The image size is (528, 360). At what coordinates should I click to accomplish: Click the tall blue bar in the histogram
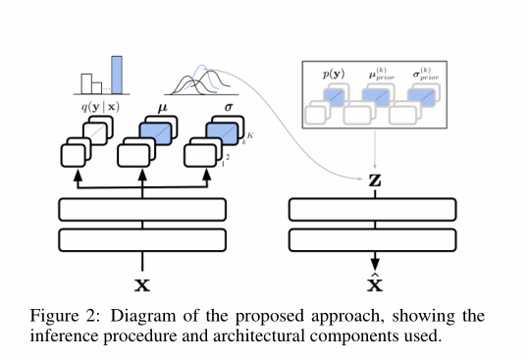pos(118,72)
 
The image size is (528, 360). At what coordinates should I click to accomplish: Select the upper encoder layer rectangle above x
pos(143,210)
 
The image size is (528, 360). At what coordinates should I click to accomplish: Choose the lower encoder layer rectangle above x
pos(143,239)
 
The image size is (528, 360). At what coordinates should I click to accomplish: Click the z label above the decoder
pos(374,180)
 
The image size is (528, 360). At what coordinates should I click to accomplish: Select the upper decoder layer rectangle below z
pos(374,210)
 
